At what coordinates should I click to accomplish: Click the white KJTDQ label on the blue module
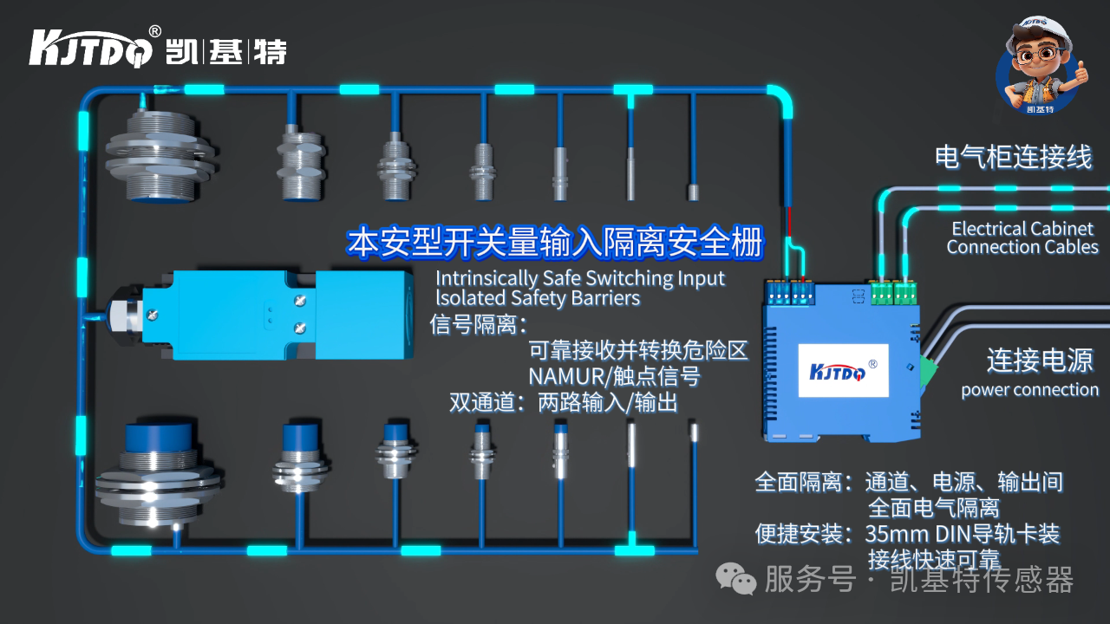[x=840, y=372]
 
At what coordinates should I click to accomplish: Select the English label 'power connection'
[x=1029, y=390]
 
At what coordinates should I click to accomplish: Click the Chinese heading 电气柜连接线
[x=1012, y=158]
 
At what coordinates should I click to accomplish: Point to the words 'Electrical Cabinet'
[x=1022, y=229]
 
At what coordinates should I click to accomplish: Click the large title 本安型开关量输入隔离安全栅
[x=555, y=244]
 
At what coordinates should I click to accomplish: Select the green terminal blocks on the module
[x=893, y=293]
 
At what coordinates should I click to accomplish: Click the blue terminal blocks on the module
[x=790, y=292]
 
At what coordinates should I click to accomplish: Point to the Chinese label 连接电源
[x=1039, y=360]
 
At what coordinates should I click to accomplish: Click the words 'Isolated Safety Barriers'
[x=538, y=299]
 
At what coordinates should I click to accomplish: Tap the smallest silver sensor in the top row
[x=693, y=192]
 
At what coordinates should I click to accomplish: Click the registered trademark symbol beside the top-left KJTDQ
[x=154, y=31]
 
